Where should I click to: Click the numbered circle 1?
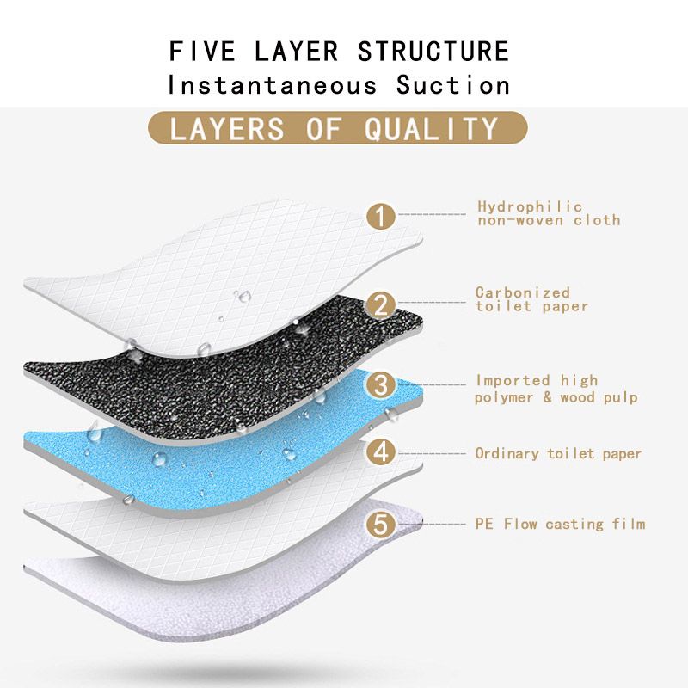point(381,216)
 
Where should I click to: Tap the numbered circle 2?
point(381,304)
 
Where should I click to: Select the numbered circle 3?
point(381,384)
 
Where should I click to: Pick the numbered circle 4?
point(381,452)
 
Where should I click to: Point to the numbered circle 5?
point(381,524)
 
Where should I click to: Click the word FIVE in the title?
point(202,51)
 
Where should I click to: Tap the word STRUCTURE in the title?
point(433,51)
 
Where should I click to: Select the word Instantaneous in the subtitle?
point(272,84)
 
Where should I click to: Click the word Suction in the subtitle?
point(453,84)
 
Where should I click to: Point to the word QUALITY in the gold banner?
point(432,128)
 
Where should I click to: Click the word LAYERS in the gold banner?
point(226,128)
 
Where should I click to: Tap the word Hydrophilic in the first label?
point(530,206)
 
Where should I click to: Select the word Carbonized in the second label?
point(523,292)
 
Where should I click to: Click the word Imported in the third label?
point(513,380)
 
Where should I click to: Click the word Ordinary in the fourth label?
point(507,454)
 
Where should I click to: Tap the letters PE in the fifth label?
point(484,524)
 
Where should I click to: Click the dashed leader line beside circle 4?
point(432,454)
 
